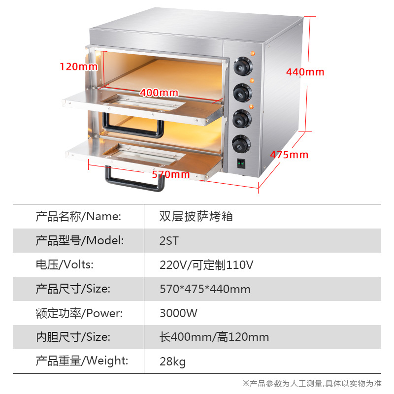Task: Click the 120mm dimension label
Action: pos(79,66)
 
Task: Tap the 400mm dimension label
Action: pos(159,93)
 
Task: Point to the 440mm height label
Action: pos(305,72)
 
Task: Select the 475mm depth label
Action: pos(289,155)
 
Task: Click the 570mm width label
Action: pos(170,174)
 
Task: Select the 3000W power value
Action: pos(178,313)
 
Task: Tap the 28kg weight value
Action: pos(173,362)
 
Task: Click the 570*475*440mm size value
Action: pos(205,289)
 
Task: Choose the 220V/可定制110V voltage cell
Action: pos(206,265)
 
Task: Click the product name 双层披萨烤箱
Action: pos(196,216)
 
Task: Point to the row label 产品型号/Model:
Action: pos(79,241)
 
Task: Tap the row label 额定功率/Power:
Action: pos(79,313)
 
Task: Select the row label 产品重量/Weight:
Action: pos(82,361)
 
